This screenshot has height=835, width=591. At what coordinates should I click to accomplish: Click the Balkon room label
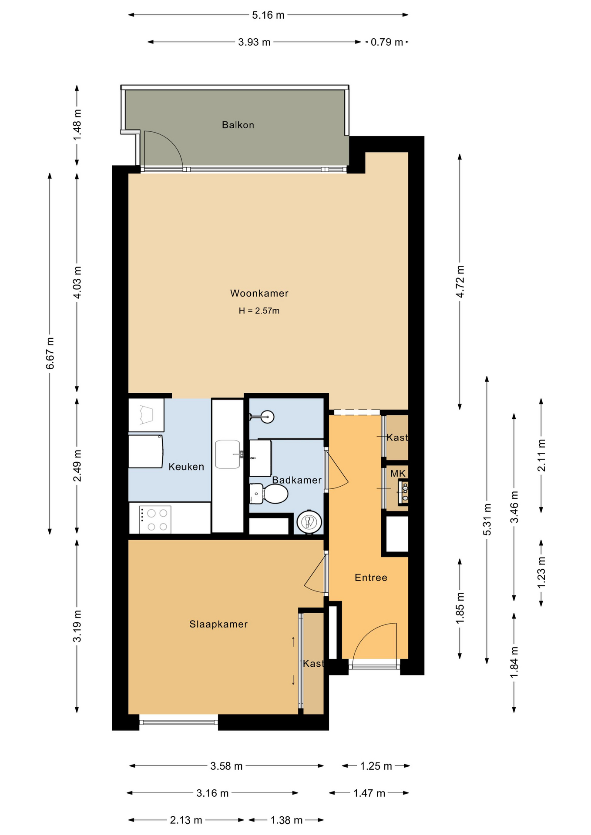point(238,125)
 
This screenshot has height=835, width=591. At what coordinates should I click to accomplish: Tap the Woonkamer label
point(259,294)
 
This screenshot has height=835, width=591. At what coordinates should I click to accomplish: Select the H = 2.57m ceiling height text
point(259,311)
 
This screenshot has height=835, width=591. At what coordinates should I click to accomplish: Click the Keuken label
point(186,467)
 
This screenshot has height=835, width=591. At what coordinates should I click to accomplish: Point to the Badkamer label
point(297,480)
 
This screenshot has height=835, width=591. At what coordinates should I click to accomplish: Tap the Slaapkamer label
point(218,624)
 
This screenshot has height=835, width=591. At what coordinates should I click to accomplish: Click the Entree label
point(371,578)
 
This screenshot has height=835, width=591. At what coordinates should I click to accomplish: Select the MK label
point(398,473)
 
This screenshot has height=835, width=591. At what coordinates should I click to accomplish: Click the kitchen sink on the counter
point(228,454)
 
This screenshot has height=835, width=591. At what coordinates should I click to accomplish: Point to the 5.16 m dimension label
point(268,15)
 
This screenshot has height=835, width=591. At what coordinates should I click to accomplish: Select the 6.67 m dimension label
point(50,353)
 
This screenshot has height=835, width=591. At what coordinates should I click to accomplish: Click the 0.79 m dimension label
point(387,42)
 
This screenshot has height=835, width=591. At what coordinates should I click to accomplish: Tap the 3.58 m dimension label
point(226,766)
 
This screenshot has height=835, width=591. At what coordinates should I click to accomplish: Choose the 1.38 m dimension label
point(286,820)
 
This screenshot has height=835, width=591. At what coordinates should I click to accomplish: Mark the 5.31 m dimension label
point(487,519)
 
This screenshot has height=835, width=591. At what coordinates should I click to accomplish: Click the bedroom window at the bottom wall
point(178,722)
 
